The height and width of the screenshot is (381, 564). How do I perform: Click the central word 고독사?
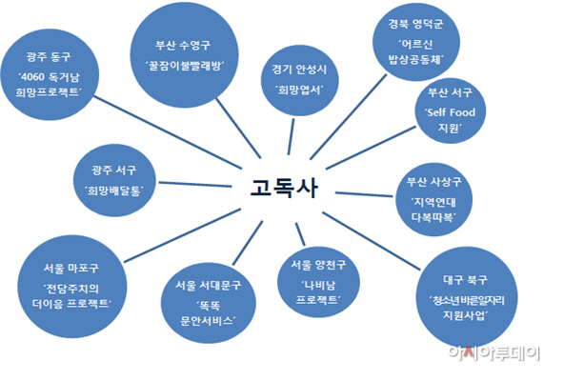pyautogui.click(x=284, y=188)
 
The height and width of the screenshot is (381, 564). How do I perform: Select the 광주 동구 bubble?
pyautogui.click(x=50, y=75)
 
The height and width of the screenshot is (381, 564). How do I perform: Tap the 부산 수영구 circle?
pyautogui.click(x=184, y=54)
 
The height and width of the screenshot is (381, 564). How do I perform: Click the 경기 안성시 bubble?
pyautogui.click(x=299, y=80)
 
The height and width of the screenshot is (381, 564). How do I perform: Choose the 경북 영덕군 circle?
pyautogui.click(x=416, y=42)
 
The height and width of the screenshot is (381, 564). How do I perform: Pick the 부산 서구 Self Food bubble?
pyautogui.click(x=451, y=110)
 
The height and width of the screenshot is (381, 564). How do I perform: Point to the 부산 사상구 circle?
pyautogui.click(x=433, y=199)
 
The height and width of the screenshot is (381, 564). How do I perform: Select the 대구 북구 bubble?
pyautogui.click(x=467, y=297)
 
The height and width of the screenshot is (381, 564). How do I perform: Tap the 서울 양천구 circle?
pyautogui.click(x=318, y=282)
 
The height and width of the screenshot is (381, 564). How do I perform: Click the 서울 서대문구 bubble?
pyautogui.click(x=209, y=303)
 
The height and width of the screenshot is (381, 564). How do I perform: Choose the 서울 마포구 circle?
pyautogui.click(x=72, y=287)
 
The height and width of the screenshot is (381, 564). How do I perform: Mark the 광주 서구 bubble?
pyautogui.click(x=114, y=180)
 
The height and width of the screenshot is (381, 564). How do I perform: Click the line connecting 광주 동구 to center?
pyautogui.click(x=168, y=132)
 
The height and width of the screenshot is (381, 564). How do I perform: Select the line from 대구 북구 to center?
pyautogui.click(x=372, y=241)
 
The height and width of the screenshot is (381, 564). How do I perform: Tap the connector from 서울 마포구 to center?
pyautogui.click(x=182, y=235)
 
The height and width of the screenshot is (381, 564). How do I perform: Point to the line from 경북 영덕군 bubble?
pyautogui.click(x=348, y=116)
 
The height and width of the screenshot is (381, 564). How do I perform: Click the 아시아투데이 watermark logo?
pyautogui.click(x=493, y=352)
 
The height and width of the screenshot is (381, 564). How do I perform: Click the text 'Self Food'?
pyautogui.click(x=452, y=112)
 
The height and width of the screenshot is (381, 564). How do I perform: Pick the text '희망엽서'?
pyautogui.click(x=299, y=90)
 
